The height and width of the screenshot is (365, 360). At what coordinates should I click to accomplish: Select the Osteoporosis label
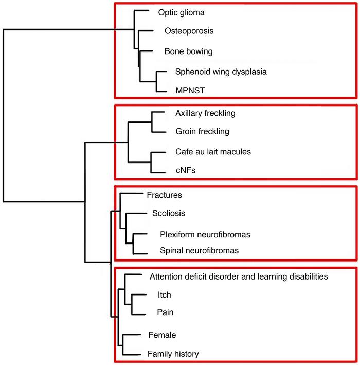point(189,31)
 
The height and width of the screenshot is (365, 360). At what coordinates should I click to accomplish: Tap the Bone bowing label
point(188,51)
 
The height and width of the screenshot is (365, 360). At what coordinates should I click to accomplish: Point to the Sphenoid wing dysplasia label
point(221,72)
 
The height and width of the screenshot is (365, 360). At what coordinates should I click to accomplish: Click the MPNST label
point(190,91)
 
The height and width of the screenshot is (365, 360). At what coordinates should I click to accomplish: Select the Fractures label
point(165,195)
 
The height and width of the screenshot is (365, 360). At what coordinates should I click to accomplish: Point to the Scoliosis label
point(168,213)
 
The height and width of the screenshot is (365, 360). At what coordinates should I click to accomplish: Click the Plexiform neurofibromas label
point(205,234)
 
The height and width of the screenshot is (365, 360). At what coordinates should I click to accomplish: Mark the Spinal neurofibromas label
point(200,251)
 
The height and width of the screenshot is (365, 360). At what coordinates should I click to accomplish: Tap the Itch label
point(164,295)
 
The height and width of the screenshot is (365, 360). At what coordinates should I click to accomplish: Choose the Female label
point(162,335)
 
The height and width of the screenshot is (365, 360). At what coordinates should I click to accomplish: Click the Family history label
point(173,354)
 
